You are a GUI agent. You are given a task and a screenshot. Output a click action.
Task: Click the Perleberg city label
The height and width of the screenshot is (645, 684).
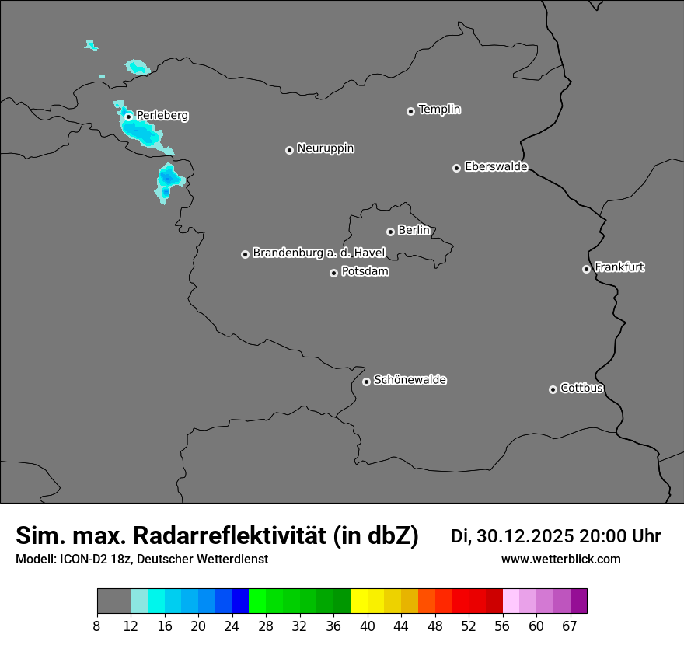162,116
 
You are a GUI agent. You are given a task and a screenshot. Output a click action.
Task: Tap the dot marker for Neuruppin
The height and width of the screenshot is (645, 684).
289,150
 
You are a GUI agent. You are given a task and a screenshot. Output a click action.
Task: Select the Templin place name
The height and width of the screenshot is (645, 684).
439,110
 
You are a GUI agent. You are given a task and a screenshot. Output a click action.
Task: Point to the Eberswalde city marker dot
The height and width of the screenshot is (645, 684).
456,168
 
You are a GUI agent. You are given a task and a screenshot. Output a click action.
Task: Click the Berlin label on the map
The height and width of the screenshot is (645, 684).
414,231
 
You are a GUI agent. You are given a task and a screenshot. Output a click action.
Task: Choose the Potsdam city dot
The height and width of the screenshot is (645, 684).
333,273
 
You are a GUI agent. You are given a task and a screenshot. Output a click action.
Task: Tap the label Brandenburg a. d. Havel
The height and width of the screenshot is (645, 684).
319,253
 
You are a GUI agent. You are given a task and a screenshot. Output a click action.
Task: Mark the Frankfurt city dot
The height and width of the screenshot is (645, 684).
586,269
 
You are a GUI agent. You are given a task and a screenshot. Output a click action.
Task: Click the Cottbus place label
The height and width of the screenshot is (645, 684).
582,389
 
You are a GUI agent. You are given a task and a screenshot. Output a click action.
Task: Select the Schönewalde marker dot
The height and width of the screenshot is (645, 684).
366,382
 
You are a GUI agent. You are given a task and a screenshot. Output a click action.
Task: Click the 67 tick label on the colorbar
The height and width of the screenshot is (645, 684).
569,626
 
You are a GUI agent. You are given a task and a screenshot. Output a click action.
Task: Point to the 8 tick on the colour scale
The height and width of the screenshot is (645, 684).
97,626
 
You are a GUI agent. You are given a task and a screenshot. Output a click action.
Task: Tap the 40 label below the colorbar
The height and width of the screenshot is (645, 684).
368,626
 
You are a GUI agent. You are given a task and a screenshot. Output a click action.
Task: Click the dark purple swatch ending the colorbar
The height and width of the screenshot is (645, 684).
578,601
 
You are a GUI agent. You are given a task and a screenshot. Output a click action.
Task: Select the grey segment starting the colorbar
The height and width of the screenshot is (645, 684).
113,601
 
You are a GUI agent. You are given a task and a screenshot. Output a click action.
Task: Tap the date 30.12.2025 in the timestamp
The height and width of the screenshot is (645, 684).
525,536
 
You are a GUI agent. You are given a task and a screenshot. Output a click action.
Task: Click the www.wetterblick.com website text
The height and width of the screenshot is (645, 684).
560,559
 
